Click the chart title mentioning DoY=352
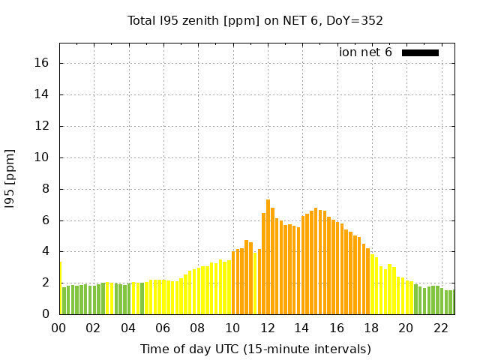point(255,20)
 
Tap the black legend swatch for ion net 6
point(420,52)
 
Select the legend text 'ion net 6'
point(365,52)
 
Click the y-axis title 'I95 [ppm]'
point(10,178)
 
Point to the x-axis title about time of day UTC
point(255,349)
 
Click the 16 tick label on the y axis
point(43,63)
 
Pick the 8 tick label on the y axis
point(46,189)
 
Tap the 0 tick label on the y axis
point(46,314)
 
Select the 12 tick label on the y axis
point(43,126)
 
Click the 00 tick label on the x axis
point(59,328)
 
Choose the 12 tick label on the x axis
point(267,328)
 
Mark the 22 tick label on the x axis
point(440,328)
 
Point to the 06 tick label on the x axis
point(163,328)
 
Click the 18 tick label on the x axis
point(371,328)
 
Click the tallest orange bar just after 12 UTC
point(268,257)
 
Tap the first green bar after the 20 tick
point(415,299)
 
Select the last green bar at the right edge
point(452,302)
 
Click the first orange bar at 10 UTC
point(234,283)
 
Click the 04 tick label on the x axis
point(128,328)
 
